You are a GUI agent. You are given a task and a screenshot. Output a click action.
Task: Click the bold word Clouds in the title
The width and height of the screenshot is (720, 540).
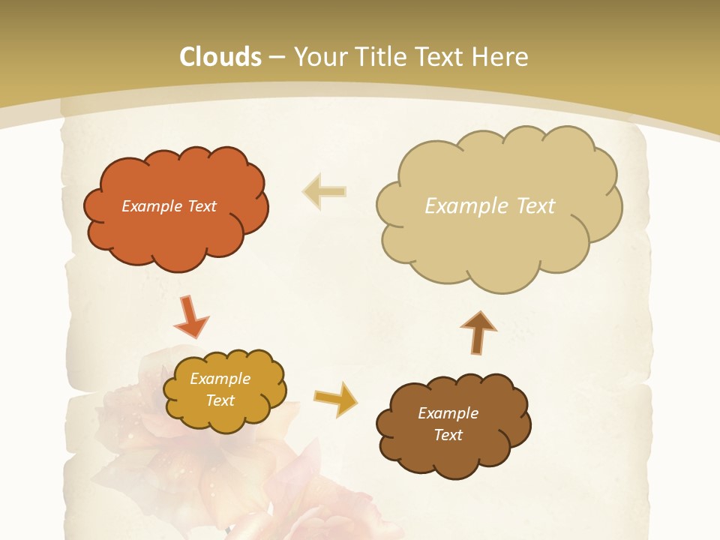click(220, 57)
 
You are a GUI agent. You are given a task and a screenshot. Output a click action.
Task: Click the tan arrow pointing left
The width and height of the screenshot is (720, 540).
click(325, 192)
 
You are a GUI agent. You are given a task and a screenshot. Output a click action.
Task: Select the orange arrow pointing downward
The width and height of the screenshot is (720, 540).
click(190, 316)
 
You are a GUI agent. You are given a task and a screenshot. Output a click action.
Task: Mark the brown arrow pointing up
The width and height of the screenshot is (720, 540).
click(478, 331)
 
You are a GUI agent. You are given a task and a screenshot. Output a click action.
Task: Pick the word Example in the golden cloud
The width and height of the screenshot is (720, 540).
click(220, 379)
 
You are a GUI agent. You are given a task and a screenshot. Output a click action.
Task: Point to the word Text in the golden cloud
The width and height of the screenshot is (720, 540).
click(220, 400)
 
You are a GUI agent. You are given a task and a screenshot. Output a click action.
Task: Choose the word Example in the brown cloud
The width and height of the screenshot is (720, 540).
click(448, 413)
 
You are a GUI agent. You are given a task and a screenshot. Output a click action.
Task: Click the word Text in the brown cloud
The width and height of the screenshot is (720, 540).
click(448, 435)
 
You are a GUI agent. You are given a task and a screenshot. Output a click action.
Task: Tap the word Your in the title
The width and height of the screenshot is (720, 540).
click(314, 57)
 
